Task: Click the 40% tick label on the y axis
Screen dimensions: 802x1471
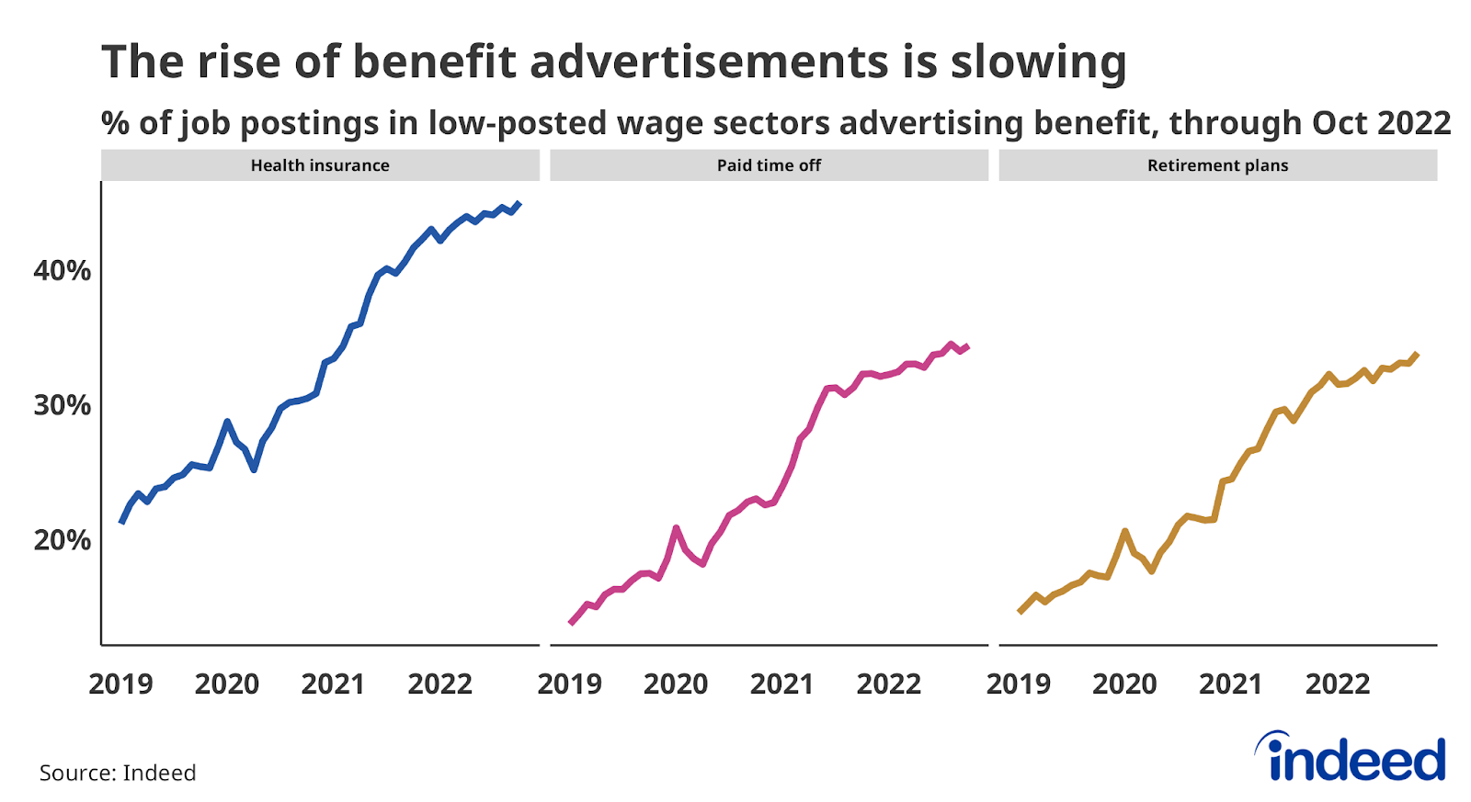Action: click(63, 271)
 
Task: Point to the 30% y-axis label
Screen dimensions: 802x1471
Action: click(63, 405)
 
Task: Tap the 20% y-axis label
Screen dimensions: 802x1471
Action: click(63, 540)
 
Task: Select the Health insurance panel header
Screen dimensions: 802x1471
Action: click(320, 165)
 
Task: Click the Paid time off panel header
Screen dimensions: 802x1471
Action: click(769, 165)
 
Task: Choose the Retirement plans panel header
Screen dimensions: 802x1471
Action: click(1217, 165)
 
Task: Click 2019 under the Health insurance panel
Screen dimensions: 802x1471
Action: click(120, 684)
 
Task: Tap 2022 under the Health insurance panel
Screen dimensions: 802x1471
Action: click(439, 684)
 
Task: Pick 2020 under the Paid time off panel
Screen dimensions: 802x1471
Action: click(676, 684)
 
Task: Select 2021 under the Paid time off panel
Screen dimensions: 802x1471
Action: click(782, 684)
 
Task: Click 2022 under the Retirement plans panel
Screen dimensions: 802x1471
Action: click(1338, 684)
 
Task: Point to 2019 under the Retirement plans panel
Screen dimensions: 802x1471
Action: click(1019, 684)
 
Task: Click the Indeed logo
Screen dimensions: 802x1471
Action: click(1351, 758)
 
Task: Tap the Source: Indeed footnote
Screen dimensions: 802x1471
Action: click(118, 773)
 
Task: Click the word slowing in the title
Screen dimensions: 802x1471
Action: click(1038, 62)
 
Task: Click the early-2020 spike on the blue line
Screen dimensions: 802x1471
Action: click(227, 422)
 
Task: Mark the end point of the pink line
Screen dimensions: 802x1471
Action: click(967, 346)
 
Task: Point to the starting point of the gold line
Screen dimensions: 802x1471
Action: click(1020, 612)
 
